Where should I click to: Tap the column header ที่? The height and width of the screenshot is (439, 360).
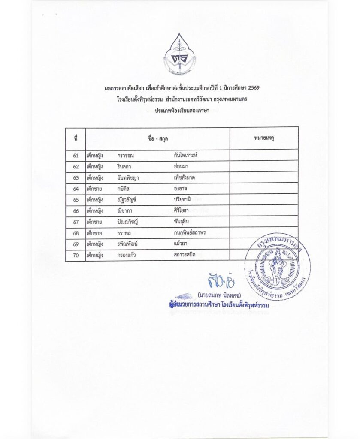(x=76, y=138)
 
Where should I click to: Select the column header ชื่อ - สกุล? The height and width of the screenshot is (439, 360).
(x=157, y=138)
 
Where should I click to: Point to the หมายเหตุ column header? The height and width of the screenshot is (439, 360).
(x=264, y=138)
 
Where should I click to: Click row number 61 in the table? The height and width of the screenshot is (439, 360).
(x=76, y=155)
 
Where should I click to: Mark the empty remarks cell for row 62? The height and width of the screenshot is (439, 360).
(x=264, y=166)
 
